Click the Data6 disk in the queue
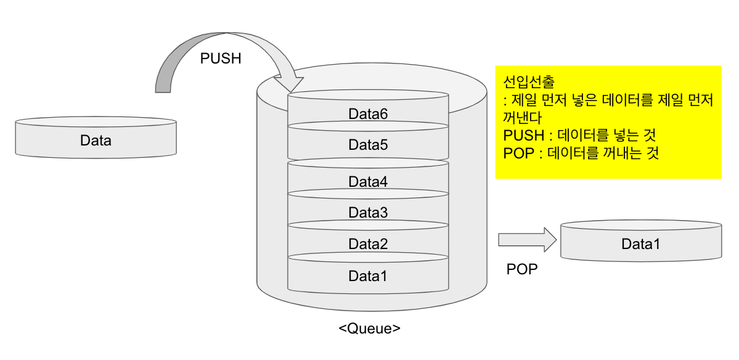click(368, 114)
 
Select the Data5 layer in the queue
click(368, 145)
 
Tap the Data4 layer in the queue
click(368, 182)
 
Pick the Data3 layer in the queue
click(368, 213)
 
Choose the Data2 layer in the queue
click(368, 244)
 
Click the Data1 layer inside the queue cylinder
click(368, 276)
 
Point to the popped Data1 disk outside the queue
click(640, 244)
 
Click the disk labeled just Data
click(96, 141)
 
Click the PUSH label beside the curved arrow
click(221, 59)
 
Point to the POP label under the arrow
click(521, 269)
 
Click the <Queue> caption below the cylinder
click(369, 328)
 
